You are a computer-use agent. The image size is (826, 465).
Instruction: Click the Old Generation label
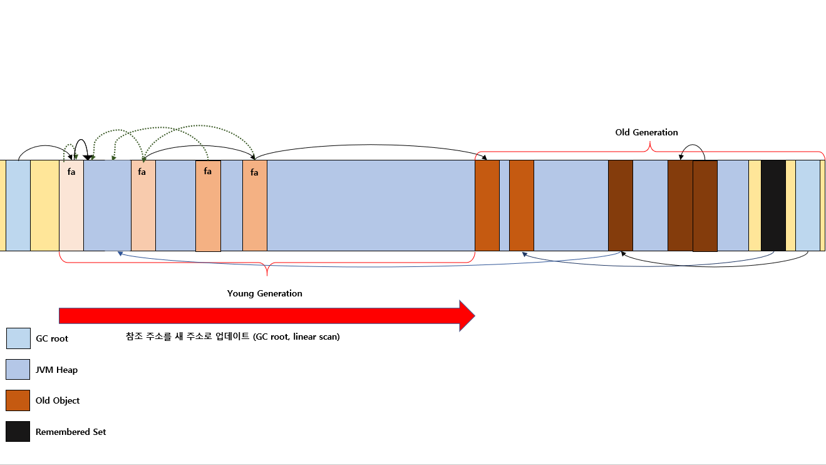tap(646, 132)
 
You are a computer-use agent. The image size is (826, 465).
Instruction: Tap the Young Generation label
tap(264, 293)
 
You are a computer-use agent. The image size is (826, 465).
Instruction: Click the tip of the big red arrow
tap(475, 316)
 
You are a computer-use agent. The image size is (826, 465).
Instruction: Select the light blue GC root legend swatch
tap(18, 338)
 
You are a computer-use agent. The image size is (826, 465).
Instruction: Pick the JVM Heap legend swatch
tap(18, 369)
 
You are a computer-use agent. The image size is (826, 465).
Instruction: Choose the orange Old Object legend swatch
tap(18, 400)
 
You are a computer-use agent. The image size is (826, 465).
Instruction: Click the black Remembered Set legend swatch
tap(18, 431)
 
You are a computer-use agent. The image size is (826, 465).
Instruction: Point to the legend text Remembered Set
tap(70, 432)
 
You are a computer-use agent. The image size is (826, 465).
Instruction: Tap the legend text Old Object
tap(58, 400)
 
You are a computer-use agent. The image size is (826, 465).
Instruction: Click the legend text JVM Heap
tap(56, 370)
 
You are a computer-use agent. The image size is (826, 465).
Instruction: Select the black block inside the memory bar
tap(773, 206)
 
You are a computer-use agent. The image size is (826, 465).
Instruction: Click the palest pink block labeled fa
tap(71, 206)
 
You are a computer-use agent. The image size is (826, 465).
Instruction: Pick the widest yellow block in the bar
tap(44, 206)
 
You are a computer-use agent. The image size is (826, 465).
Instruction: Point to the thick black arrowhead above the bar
tap(88, 157)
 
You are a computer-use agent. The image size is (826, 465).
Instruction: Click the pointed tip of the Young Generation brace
tap(267, 275)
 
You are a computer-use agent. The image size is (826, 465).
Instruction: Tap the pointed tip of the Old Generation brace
tap(650, 142)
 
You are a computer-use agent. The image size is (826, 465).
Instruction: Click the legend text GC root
tap(52, 338)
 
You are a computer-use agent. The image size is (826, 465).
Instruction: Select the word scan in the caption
tap(329, 337)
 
